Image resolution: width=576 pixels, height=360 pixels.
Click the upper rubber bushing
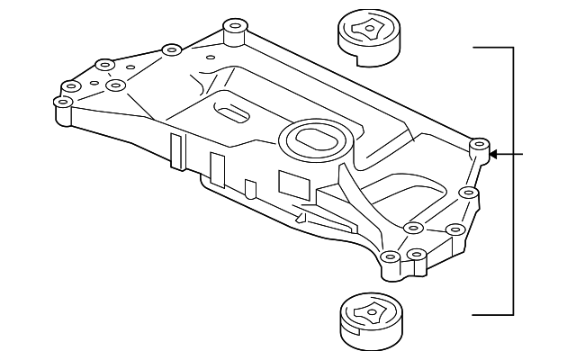[x=368, y=40]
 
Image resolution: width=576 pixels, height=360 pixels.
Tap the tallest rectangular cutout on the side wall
[x=176, y=151]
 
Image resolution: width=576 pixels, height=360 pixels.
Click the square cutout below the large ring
[x=292, y=183]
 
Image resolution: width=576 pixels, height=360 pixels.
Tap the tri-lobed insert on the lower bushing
[x=368, y=310]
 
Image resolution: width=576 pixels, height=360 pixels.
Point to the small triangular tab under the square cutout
[x=301, y=215]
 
